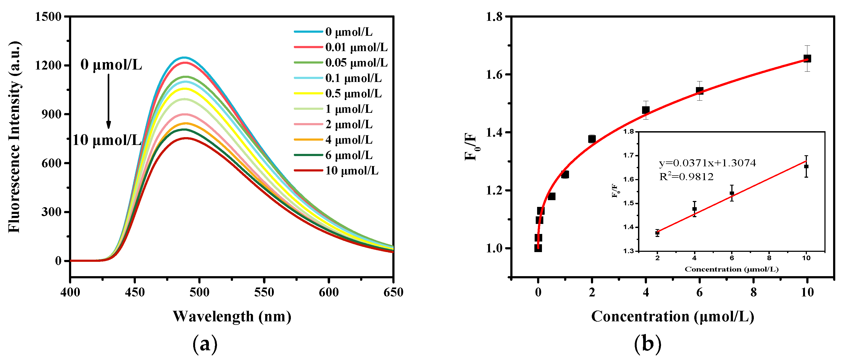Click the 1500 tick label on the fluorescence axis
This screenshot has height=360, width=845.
pyautogui.click(x=48, y=16)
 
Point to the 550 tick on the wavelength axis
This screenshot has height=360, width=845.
pyautogui.click(x=264, y=292)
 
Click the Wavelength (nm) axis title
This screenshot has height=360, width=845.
pyautogui.click(x=232, y=316)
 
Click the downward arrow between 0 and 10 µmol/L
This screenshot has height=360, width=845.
pyautogui.click(x=108, y=102)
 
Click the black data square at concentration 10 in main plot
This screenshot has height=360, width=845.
pyautogui.click(x=807, y=59)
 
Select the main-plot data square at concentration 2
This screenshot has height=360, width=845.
pyautogui.click(x=592, y=139)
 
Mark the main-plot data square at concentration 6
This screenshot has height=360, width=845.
pyautogui.click(x=700, y=91)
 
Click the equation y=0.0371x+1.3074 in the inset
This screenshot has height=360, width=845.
pyautogui.click(x=707, y=163)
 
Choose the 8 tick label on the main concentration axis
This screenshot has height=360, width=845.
pyautogui.click(x=754, y=292)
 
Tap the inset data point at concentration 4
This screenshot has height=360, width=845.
pyautogui.click(x=695, y=209)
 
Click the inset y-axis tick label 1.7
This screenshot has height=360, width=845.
pyautogui.click(x=629, y=156)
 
